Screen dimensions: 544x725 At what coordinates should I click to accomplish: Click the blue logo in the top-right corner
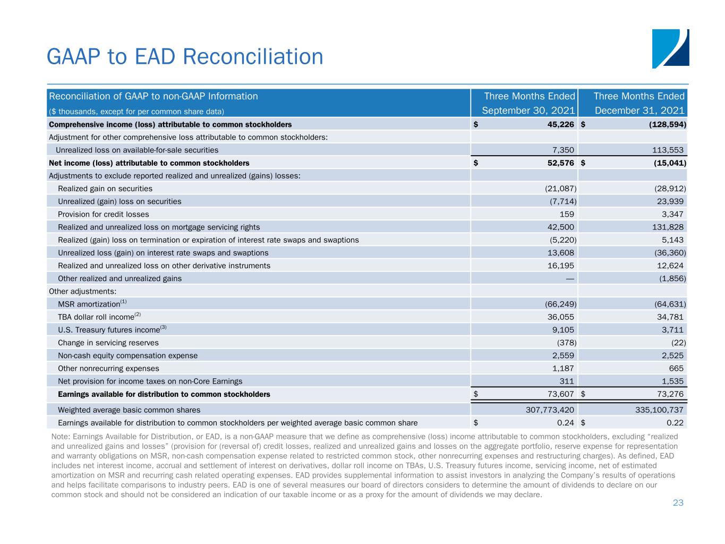pyautogui.click(x=670, y=48)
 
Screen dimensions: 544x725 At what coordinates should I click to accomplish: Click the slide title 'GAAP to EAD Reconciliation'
pyautogui.click(x=185, y=57)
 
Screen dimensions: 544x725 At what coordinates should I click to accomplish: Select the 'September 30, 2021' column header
pyautogui.click(x=528, y=111)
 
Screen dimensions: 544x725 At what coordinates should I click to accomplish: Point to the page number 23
pyautogui.click(x=678, y=503)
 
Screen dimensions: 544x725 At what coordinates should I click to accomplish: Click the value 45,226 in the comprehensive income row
pyautogui.click(x=560, y=125)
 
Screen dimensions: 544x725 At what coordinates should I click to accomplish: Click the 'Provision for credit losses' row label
pyautogui.click(x=103, y=214)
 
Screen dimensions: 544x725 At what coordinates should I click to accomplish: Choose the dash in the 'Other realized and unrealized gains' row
pyautogui.click(x=570, y=278)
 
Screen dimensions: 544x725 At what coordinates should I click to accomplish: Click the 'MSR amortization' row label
pyautogui.click(x=89, y=304)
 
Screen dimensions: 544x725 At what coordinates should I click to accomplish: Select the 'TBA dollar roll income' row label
pyautogui.click(x=96, y=317)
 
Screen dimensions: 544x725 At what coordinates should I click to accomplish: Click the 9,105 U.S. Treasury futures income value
pyautogui.click(x=563, y=330)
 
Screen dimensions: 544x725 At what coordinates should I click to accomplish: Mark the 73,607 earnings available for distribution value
pyautogui.click(x=560, y=394)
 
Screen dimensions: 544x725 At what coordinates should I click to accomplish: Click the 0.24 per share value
pyautogui.click(x=566, y=423)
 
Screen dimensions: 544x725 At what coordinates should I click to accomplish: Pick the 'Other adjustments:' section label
pyautogui.click(x=82, y=291)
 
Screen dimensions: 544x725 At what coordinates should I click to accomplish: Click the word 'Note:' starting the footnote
pyautogui.click(x=61, y=436)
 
